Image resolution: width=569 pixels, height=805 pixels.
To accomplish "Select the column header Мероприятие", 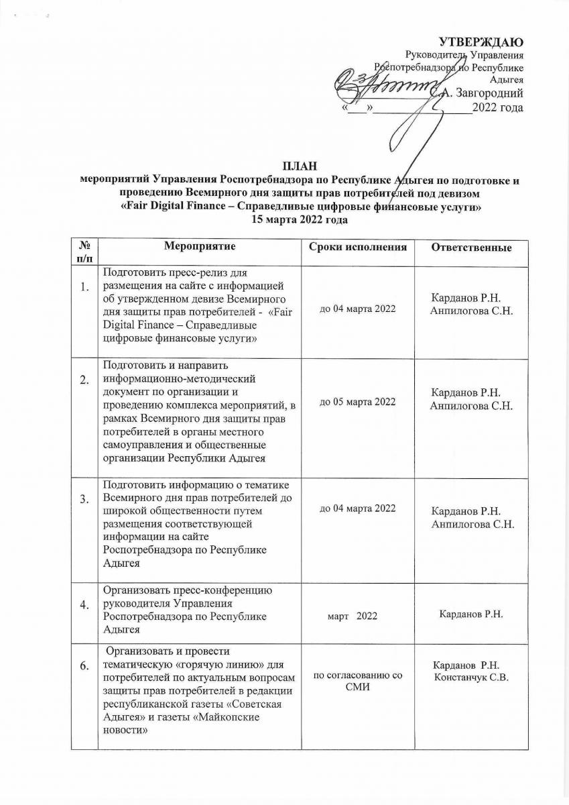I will (x=200, y=247).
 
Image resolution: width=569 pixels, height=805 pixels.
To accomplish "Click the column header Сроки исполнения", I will (x=358, y=248).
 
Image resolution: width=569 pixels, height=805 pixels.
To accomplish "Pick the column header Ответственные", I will (x=470, y=248).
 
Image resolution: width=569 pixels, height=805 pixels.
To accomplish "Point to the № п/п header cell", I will (x=85, y=253).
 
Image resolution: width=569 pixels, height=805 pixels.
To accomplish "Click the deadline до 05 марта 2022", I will (x=358, y=402).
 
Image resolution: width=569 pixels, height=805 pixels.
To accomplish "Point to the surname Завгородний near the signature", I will (x=487, y=93).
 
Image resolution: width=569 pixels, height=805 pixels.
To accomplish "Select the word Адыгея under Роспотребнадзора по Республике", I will (x=507, y=79).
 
